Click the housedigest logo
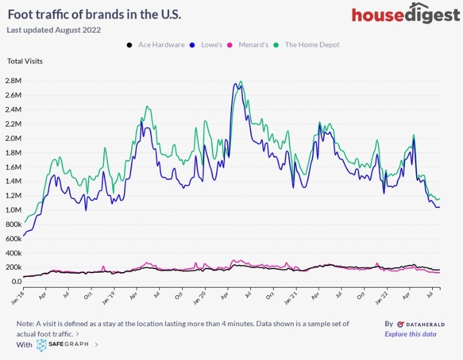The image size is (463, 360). (x=405, y=15)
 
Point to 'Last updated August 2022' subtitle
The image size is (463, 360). (x=53, y=30)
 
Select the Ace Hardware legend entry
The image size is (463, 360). (x=156, y=45)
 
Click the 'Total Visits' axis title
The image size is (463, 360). (x=25, y=61)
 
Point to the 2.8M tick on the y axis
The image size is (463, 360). (x=13, y=81)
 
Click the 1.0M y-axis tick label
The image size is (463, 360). (x=13, y=210)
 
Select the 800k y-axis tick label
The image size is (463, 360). (x=13, y=225)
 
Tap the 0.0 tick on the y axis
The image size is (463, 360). (x=17, y=282)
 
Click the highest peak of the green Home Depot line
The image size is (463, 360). (x=240, y=81)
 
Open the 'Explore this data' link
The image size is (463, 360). (x=410, y=334)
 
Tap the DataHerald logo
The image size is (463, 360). (x=416, y=324)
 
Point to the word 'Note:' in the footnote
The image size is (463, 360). (x=26, y=323)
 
